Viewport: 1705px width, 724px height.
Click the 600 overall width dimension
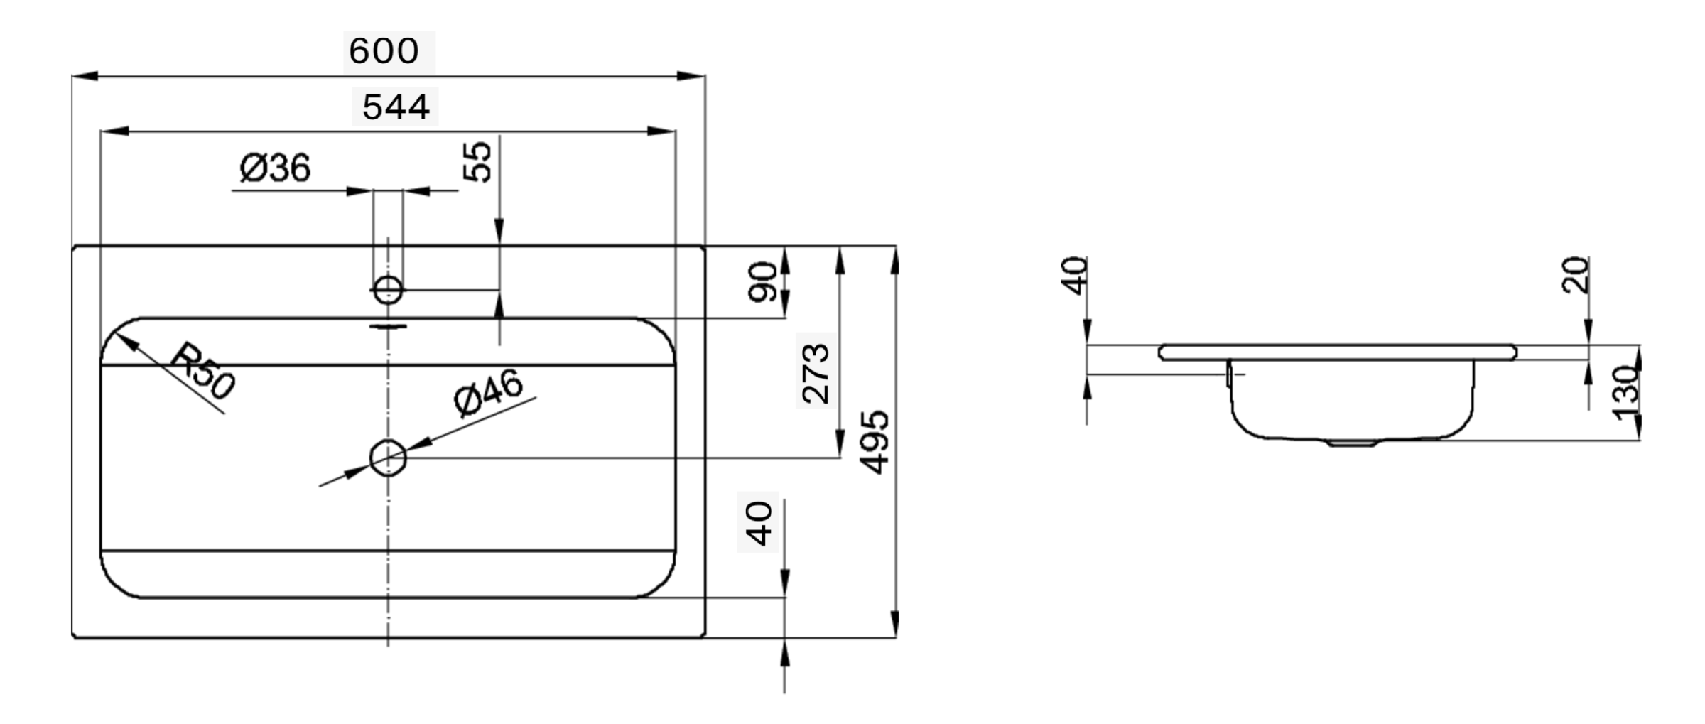click(384, 51)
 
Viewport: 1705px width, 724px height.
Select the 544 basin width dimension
click(396, 107)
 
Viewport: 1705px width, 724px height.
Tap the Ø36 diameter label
click(275, 168)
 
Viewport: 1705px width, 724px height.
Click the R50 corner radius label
click(202, 370)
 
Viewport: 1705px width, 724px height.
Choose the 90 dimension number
click(763, 281)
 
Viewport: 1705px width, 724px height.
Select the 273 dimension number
click(815, 374)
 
